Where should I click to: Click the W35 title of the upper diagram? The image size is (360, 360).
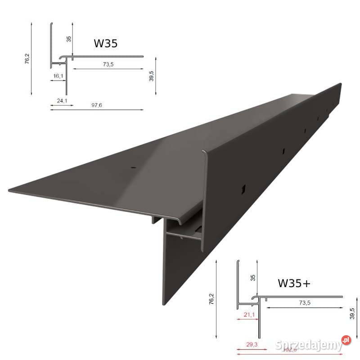pos(106,43)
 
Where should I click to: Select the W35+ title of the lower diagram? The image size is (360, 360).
pos(295,283)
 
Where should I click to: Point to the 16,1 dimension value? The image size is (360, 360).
pos(58,76)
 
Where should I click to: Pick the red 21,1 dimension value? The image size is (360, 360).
pos(248,314)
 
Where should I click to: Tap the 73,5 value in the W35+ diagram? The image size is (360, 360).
pos(305,303)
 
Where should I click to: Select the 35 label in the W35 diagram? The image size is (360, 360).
pos(69,39)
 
